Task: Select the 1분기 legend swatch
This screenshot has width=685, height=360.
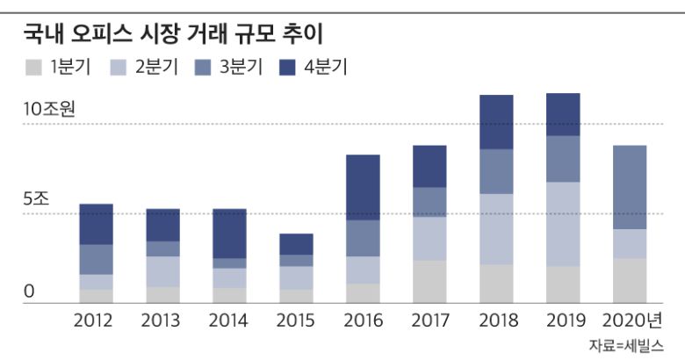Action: tap(33, 68)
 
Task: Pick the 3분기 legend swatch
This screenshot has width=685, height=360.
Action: tap(205, 68)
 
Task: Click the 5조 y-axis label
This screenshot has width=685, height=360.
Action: tap(37, 198)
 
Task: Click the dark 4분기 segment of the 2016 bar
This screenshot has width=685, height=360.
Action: tap(363, 187)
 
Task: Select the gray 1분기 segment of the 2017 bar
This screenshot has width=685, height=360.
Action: tap(429, 281)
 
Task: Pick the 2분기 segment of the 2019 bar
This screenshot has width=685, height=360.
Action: tap(563, 223)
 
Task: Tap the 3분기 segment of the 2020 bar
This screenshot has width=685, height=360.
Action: tap(630, 187)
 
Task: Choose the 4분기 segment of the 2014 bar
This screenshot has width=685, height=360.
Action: tap(229, 234)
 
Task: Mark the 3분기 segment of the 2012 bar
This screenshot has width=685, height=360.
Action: tap(97, 259)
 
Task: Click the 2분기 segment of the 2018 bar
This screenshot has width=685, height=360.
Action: tap(496, 228)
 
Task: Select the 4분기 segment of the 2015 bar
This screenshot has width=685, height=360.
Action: tap(296, 244)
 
